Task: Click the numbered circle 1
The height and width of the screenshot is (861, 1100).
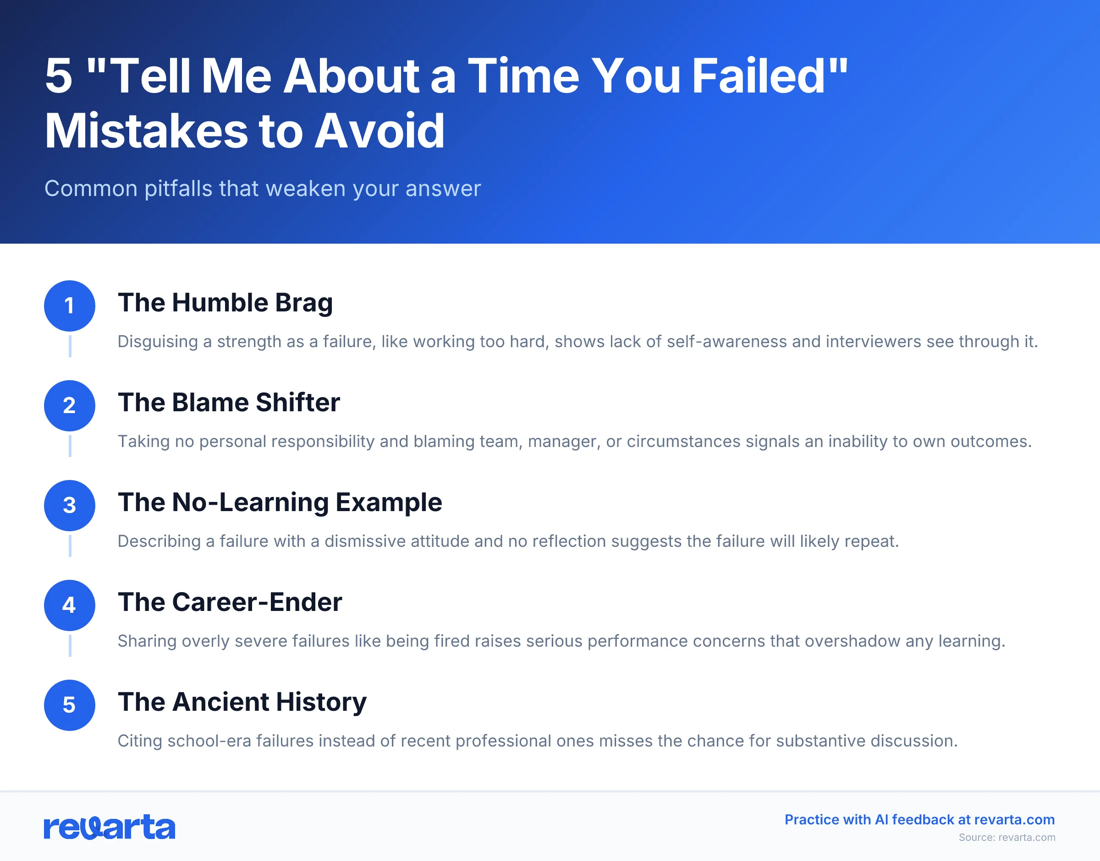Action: click(x=70, y=305)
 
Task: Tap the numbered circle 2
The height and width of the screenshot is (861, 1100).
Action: click(x=70, y=405)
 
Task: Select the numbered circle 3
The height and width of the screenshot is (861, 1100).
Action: click(x=70, y=505)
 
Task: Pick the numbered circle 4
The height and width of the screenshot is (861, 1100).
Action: click(x=70, y=605)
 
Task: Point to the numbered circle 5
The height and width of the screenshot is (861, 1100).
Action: click(x=70, y=705)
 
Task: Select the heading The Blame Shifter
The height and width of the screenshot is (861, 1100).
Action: click(x=228, y=402)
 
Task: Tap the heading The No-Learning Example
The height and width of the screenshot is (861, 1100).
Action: click(x=280, y=502)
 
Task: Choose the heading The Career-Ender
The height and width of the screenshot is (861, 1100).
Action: click(x=230, y=602)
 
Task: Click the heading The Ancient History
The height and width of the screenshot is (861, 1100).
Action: click(x=242, y=702)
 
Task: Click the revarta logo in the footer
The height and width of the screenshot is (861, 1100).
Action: click(x=110, y=827)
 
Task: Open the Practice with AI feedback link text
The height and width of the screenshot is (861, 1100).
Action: click(x=919, y=820)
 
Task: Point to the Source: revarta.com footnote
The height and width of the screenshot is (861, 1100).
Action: click(x=1006, y=837)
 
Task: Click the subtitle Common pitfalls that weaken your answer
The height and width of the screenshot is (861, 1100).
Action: click(x=262, y=189)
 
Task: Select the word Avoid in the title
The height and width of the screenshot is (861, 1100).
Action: click(x=379, y=131)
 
